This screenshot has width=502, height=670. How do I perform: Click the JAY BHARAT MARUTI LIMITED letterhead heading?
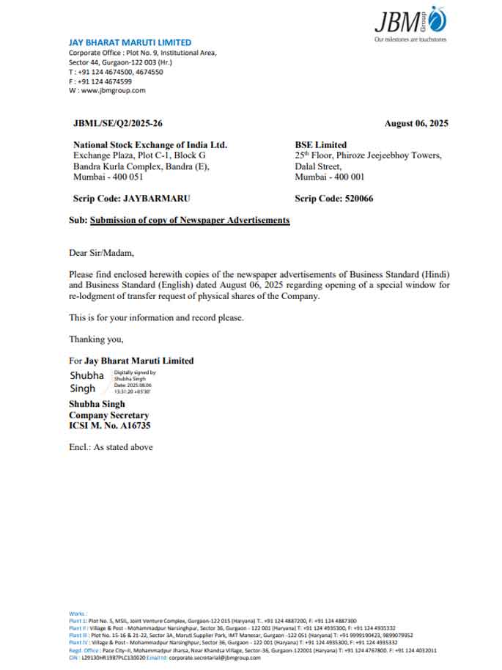tap(130, 43)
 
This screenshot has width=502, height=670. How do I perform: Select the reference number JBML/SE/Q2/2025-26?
tap(118, 124)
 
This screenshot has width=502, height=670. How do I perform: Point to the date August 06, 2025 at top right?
tap(416, 124)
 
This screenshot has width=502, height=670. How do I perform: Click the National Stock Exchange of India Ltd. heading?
tap(150, 145)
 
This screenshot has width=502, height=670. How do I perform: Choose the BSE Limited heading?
tap(321, 145)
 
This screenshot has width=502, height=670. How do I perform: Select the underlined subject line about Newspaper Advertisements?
tap(189, 220)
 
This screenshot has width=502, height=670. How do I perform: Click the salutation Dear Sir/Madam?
tap(102, 253)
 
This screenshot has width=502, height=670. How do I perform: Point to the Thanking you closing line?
tap(96, 339)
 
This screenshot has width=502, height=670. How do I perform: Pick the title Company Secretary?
tap(108, 415)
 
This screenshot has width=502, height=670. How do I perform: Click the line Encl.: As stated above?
tap(111, 446)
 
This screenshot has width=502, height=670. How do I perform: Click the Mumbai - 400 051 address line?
tap(108, 177)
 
